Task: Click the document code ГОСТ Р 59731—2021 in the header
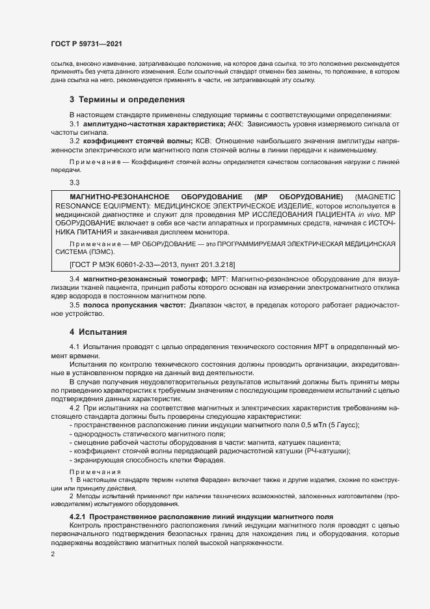87,44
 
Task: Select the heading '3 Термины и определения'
127,100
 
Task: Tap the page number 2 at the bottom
53,554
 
